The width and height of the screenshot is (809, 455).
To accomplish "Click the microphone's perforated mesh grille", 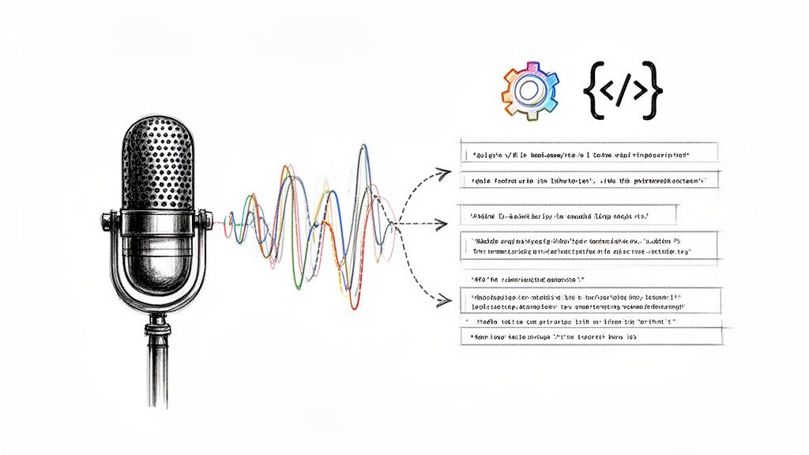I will coord(158,162).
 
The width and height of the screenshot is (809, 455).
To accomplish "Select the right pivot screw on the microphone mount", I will coord(207,224).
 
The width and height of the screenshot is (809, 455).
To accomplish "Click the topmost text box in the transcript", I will coord(589,153).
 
